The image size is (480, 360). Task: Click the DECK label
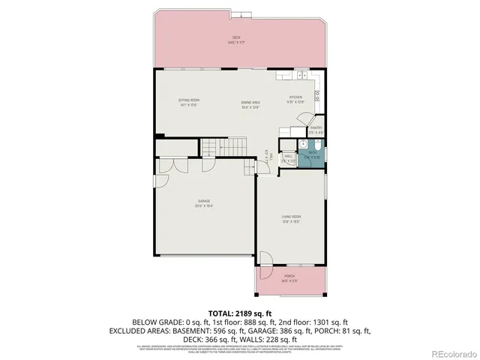coord(236,40)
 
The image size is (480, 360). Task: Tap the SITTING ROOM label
coord(188,102)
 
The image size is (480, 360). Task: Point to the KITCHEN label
coord(296,100)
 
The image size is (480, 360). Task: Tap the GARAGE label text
coord(204,203)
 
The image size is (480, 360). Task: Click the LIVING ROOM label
coord(291,219)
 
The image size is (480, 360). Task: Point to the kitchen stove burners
coord(317,94)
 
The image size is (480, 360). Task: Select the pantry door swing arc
coord(302,120)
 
